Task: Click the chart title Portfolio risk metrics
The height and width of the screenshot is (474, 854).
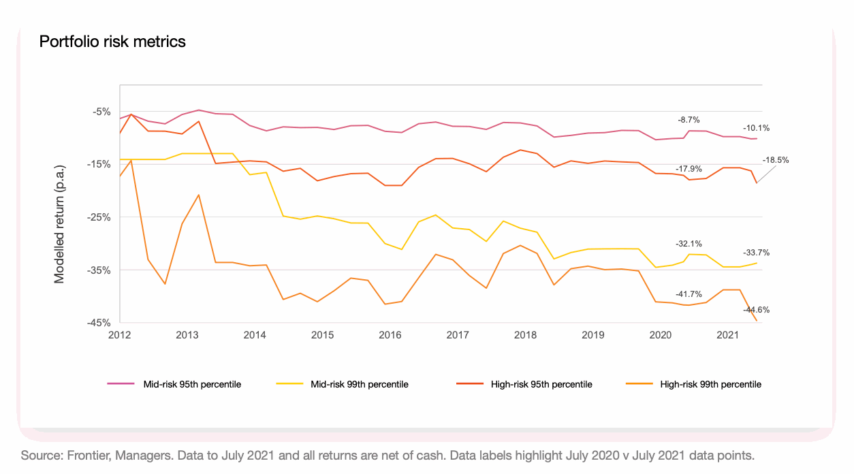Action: (112, 42)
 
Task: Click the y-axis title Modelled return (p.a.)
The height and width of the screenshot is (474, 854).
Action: (60, 223)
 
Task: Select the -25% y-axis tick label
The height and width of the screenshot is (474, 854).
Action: (99, 217)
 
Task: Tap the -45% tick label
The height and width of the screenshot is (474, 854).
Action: (99, 323)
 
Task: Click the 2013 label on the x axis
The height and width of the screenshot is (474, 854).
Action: (187, 335)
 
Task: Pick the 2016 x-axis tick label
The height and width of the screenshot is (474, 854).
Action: (390, 335)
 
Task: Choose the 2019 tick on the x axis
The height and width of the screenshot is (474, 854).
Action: (593, 335)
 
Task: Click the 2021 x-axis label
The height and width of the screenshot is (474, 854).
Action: (729, 335)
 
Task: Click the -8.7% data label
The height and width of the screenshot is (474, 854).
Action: (689, 120)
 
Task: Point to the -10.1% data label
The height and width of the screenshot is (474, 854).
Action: (756, 127)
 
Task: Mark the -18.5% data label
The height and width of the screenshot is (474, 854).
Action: (775, 160)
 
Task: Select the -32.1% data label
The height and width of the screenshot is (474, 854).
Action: (689, 243)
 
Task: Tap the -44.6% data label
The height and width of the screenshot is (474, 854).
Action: (756, 309)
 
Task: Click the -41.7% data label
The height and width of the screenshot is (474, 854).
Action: (689, 294)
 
